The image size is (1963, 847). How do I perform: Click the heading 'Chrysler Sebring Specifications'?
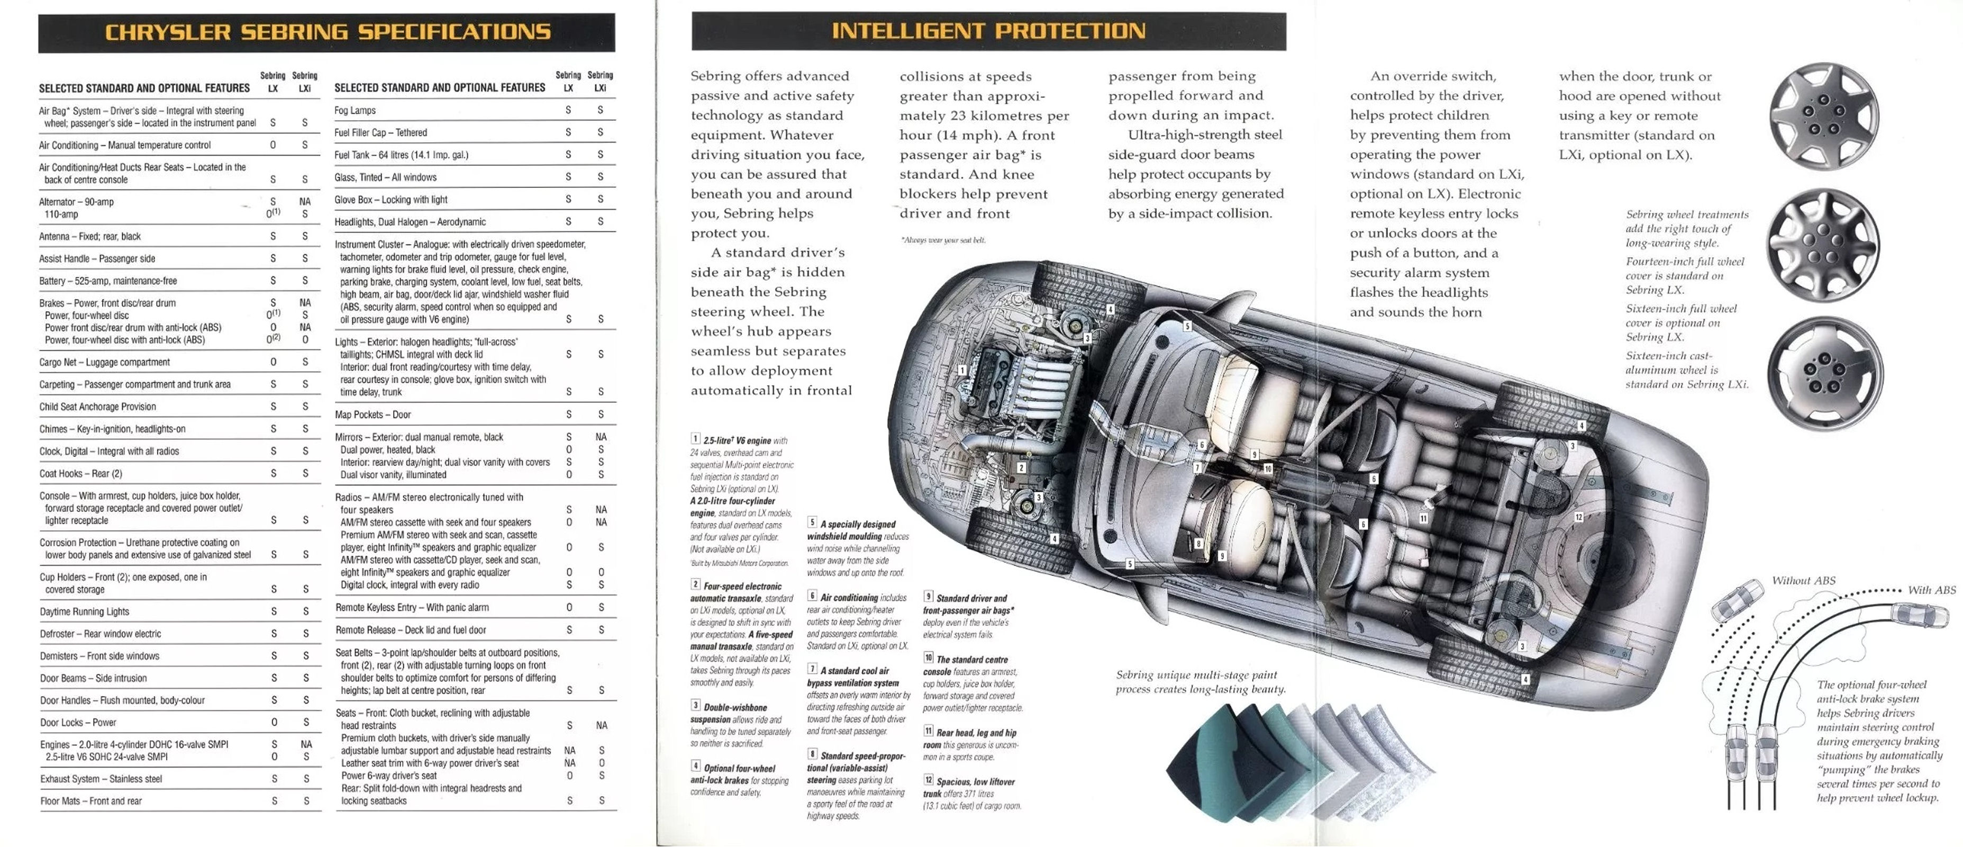point(328,32)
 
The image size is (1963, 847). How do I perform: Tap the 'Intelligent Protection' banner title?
point(988,31)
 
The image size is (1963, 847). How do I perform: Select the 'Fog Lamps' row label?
point(355,111)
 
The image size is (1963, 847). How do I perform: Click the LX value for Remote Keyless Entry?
point(568,608)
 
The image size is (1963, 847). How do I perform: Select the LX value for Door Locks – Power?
point(274,722)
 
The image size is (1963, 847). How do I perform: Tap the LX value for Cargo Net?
point(273,362)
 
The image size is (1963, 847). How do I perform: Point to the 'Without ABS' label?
point(1803,581)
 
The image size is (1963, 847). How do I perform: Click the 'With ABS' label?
point(1931,590)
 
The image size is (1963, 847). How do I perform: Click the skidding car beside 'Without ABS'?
point(1738,601)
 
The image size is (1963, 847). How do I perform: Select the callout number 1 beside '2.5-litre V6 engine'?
point(695,439)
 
